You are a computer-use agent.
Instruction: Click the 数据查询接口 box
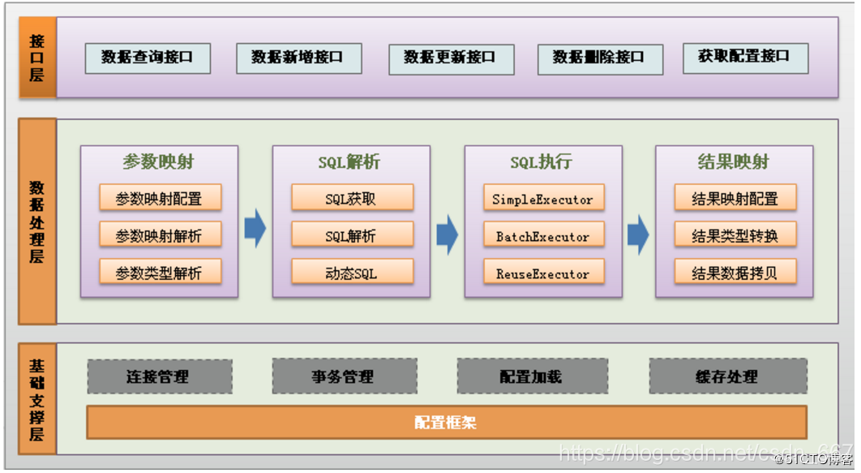[148, 58]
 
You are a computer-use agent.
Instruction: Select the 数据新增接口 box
[298, 58]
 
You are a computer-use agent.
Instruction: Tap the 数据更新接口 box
[451, 58]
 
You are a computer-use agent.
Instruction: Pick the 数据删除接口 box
[600, 58]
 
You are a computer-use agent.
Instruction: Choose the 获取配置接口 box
[745, 58]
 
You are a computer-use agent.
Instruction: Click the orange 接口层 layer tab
[37, 58]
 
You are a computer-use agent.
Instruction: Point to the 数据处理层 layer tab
[37, 221]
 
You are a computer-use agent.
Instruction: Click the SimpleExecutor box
[543, 199]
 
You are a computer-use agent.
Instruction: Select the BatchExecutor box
[543, 236]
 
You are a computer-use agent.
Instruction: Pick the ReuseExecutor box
[543, 273]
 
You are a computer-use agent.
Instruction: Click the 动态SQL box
[352, 273]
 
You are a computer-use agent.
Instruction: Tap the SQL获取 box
[352, 199]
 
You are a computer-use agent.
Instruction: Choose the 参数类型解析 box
[160, 273]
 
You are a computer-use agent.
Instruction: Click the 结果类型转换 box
[735, 236]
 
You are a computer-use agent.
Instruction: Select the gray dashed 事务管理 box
[344, 376]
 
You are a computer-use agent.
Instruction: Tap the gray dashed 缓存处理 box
[727, 376]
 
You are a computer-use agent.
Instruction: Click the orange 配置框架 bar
[447, 422]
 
